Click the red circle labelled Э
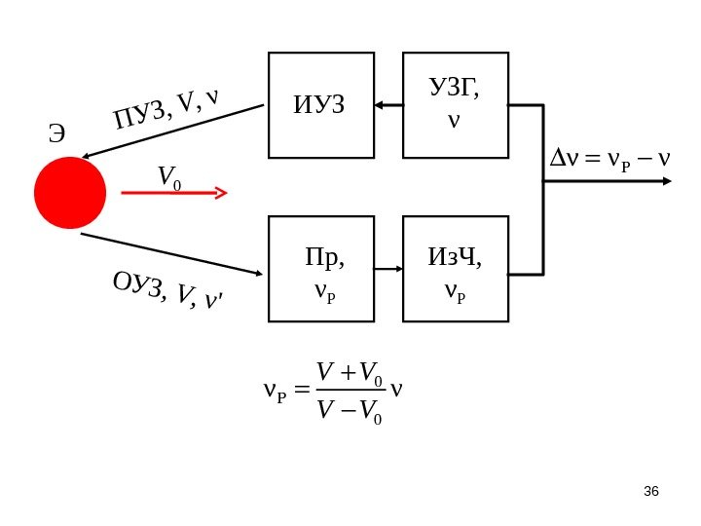70,193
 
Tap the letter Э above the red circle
57,134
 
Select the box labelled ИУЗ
321,105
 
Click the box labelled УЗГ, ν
456,105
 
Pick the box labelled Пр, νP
321,269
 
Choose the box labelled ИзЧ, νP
456,269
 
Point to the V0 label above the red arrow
168,176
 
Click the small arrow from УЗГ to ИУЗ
388,104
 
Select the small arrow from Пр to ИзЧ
388,269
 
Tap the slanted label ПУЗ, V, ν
166,108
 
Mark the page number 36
651,491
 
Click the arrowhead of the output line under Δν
666,181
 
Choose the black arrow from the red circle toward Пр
171,253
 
